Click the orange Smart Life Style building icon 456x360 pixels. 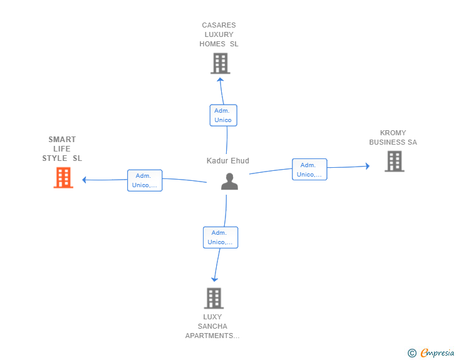tap(63, 177)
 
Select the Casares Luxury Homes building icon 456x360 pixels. tap(220, 63)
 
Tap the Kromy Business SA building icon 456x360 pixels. tap(394, 162)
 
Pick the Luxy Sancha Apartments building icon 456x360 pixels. tap(214, 298)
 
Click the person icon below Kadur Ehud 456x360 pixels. tap(230, 181)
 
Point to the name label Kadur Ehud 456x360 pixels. tap(228, 161)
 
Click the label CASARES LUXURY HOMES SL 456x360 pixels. tap(219, 35)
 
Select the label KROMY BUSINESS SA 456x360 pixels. tap(393, 138)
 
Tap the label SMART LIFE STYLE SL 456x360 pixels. tap(62, 149)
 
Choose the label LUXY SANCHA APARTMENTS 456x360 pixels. tap(212, 326)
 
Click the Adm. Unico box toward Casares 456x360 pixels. tap(223, 115)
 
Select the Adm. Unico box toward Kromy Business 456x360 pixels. tap(309, 170)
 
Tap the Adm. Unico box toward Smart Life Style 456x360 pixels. tap(145, 180)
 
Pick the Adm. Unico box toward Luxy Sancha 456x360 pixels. tap(220, 237)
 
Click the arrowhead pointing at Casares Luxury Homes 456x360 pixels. tap(220, 80)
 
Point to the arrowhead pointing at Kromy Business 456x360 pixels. tap(367, 166)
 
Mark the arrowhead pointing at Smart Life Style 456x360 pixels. tap(85, 180)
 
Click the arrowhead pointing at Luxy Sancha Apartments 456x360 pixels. tap(214, 279)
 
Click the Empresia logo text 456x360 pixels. tap(437, 353)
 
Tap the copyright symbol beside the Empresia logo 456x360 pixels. tap(412, 353)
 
